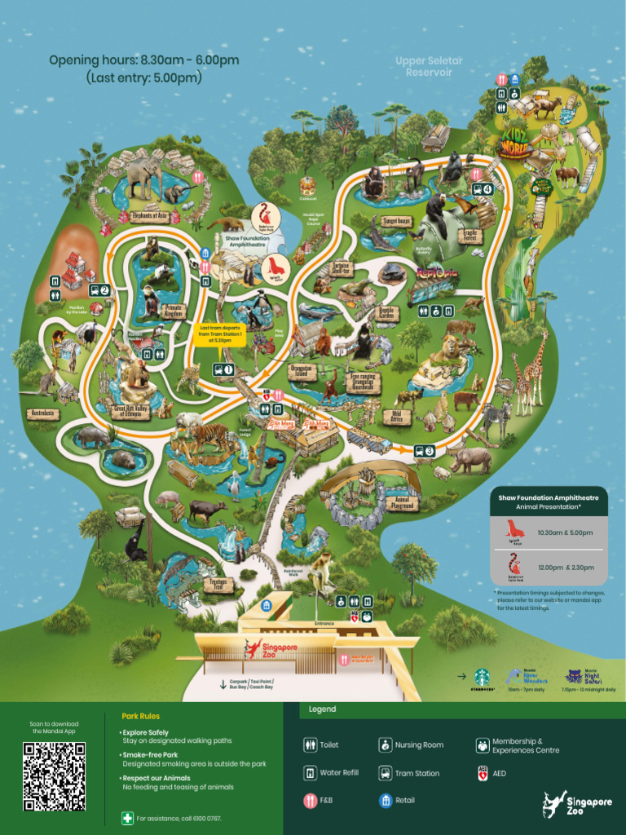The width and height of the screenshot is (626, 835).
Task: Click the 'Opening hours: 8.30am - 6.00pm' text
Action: (x=143, y=60)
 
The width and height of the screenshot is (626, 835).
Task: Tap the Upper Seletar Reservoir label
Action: (x=423, y=67)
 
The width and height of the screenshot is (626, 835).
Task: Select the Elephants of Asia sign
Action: (x=149, y=217)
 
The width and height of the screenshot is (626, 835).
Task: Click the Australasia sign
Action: (x=42, y=413)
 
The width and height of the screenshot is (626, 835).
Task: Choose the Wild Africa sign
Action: (x=397, y=417)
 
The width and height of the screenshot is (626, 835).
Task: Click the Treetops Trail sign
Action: (x=217, y=584)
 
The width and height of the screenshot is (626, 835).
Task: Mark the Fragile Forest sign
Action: (x=470, y=236)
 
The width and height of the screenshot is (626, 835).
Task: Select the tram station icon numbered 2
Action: (x=99, y=289)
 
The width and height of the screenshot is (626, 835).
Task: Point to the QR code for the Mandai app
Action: (x=54, y=775)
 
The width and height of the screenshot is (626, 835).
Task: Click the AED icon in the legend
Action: (x=483, y=773)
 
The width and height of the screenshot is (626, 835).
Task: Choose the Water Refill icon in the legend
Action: (x=310, y=773)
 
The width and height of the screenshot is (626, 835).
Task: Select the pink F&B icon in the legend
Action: (x=310, y=801)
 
